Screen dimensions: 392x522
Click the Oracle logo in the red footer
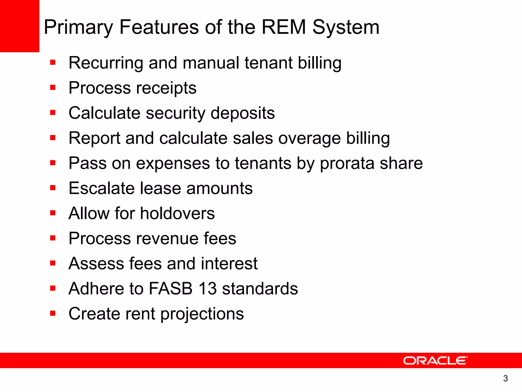[435, 361]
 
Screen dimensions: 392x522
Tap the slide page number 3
[505, 378]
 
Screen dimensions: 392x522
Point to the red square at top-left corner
[19, 26]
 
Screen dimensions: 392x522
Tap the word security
[175, 113]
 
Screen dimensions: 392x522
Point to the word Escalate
[101, 188]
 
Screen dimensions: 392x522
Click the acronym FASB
[171, 288]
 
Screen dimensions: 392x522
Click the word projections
[202, 314]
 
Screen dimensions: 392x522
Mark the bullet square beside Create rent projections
[53, 313]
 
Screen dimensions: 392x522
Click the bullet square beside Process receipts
[53, 88]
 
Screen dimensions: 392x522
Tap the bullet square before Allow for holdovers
[53, 213]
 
